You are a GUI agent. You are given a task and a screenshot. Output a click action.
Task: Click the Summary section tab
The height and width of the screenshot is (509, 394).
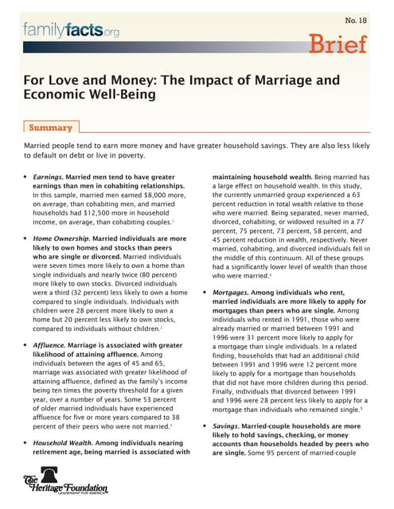50,127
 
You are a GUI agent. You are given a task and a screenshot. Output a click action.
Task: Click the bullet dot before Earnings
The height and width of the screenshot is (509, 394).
25,177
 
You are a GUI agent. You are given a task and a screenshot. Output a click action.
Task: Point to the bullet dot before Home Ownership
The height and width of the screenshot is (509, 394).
25,238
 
